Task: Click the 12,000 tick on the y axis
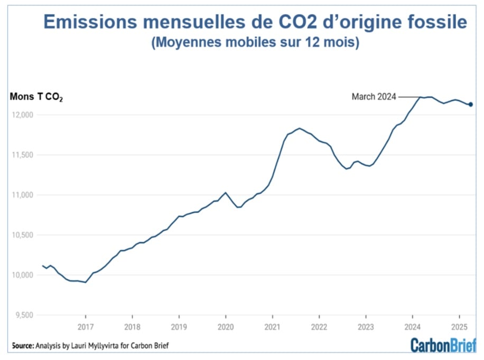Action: pos(22,115)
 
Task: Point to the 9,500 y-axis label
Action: pos(24,315)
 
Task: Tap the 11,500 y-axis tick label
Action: pos(22,155)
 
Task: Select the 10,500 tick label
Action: pos(22,235)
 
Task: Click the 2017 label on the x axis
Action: pos(86,326)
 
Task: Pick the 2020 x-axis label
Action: pos(226,326)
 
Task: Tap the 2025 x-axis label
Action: pos(459,326)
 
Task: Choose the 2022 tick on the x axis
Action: pos(319,326)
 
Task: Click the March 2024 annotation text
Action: pos(374,97)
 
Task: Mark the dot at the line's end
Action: pos(470,105)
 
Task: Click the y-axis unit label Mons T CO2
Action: pos(36,97)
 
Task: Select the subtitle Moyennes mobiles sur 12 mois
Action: pos(255,43)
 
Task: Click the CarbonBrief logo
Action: pos(443,344)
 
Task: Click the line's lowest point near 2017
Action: pos(86,282)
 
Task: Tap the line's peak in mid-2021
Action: pos(299,128)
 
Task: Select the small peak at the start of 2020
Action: pos(226,193)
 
